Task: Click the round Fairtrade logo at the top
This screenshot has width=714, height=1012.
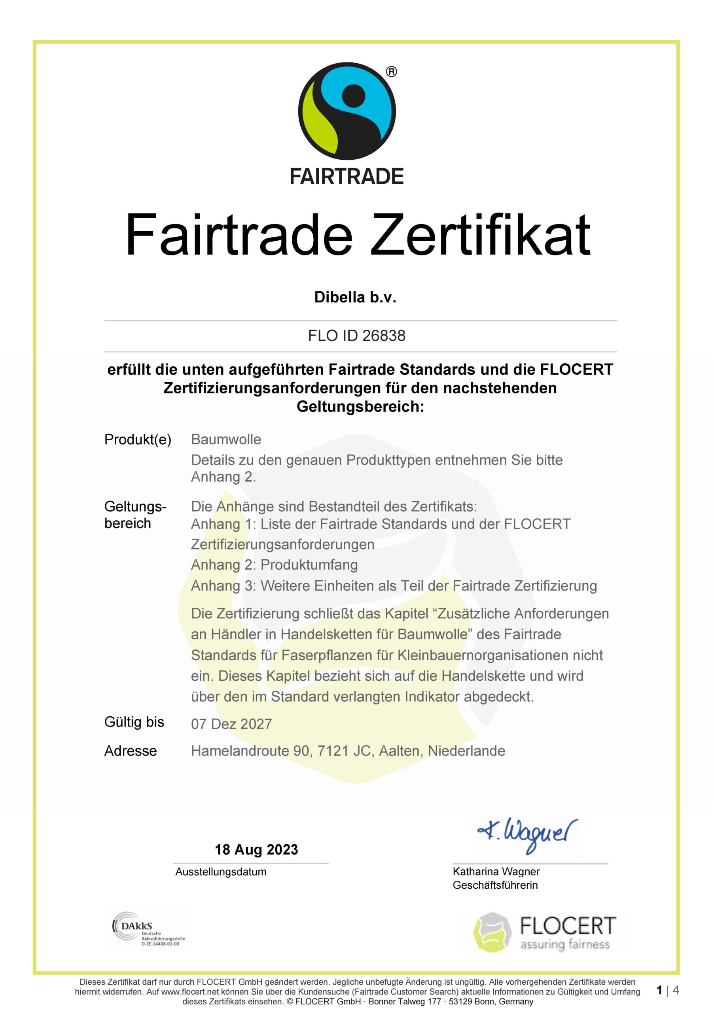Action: tap(347, 111)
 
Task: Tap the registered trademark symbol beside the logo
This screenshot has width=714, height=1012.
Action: tap(391, 72)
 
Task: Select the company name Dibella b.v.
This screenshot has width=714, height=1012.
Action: tap(355, 298)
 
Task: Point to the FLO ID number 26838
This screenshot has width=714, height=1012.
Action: tap(384, 336)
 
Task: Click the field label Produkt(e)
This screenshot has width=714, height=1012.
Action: tap(138, 440)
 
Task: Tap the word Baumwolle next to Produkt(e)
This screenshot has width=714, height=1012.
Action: tap(226, 440)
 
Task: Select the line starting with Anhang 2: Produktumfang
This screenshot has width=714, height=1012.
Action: tap(274, 565)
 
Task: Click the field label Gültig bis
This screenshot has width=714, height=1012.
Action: tap(134, 722)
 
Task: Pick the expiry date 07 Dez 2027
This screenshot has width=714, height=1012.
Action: tap(231, 724)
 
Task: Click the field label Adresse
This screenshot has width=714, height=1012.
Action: tap(131, 751)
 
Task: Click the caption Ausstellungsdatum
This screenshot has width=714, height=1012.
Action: tap(220, 871)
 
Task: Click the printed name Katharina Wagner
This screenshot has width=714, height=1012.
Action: tap(496, 871)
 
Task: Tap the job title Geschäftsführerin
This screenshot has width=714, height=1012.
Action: tap(495, 885)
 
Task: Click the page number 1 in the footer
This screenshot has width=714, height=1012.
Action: tap(659, 990)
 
